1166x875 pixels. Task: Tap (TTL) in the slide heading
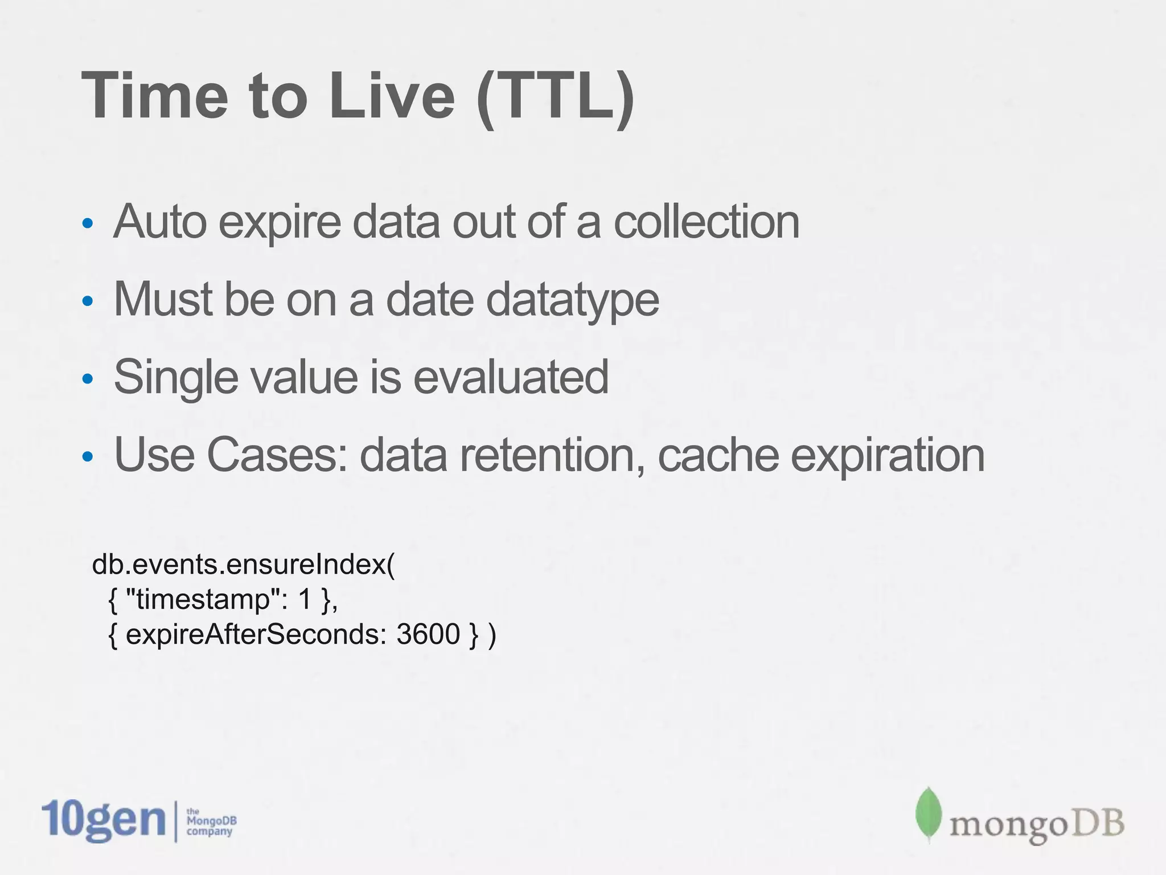[555, 97]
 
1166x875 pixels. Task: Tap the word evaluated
[511, 377]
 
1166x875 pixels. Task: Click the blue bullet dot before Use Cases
[87, 456]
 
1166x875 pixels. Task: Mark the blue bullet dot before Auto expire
[87, 223]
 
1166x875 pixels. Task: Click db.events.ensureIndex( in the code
[243, 565]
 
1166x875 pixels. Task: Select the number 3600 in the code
[428, 634]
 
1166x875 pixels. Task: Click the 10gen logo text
[103, 820]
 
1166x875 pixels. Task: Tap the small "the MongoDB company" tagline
[211, 822]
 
